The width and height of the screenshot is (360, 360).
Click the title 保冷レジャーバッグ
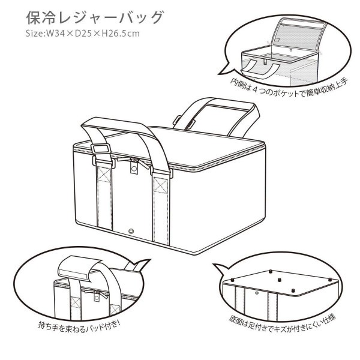pos(95,17)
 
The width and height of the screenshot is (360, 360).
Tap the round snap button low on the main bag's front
pos(132,232)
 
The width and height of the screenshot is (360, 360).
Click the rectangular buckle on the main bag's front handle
pos(100,148)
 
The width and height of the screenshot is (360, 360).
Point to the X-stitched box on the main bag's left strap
pos(103,177)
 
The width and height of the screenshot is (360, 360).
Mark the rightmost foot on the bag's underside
pos(328,280)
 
